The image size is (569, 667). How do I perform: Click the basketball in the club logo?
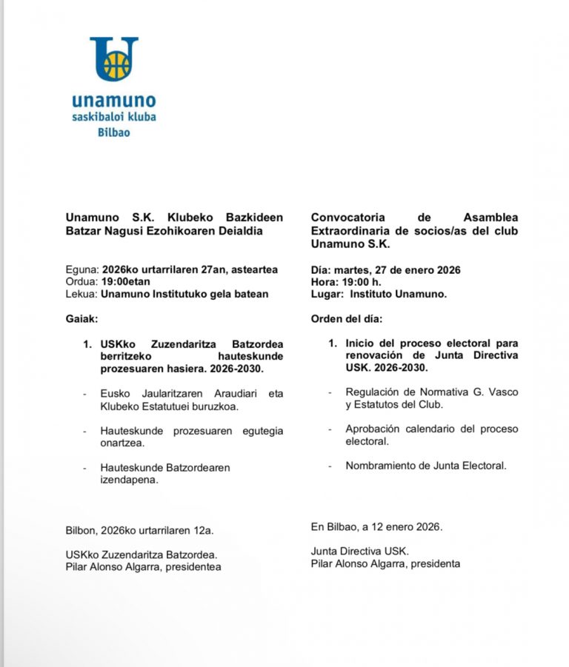coord(114,65)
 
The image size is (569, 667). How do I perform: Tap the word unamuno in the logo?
coord(114,101)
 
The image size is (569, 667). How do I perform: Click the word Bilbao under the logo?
coord(114,132)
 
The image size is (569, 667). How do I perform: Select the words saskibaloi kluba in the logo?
coord(114,117)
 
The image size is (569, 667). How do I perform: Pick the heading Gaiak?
coord(81,319)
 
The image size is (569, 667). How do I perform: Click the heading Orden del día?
coord(348,319)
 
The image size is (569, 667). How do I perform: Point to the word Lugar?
coord(327,295)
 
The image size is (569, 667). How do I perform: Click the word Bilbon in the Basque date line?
coord(82,529)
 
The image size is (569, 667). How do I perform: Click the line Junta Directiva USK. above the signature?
coord(359,551)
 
